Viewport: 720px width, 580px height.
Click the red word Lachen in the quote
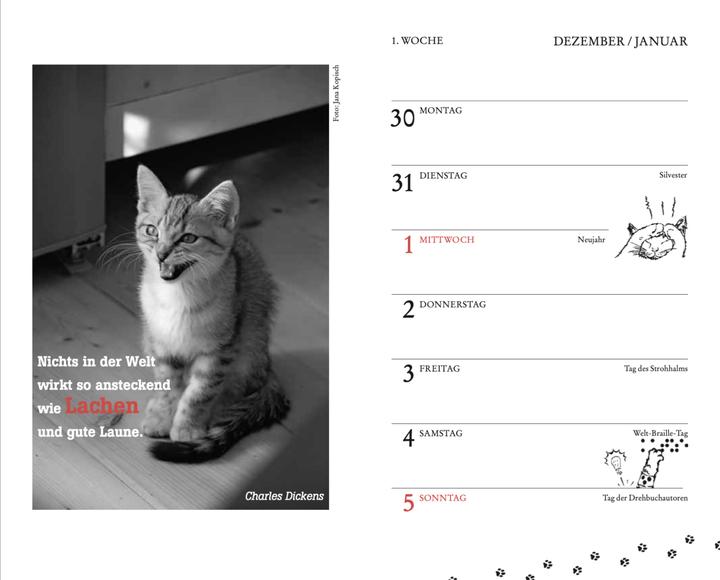click(x=102, y=407)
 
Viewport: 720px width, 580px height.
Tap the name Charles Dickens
click(x=285, y=495)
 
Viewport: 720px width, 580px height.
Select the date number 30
click(x=402, y=118)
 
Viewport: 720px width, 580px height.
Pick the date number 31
click(x=402, y=183)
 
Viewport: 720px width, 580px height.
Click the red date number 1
click(x=408, y=245)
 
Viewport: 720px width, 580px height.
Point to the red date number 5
click(x=408, y=503)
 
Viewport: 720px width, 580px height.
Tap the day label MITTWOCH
click(x=447, y=240)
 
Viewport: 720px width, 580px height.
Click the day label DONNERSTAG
click(x=453, y=304)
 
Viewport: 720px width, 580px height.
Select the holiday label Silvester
click(x=673, y=175)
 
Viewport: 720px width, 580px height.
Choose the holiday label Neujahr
click(x=592, y=240)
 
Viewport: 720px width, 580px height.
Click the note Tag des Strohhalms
click(x=655, y=369)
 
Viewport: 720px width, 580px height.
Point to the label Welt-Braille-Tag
click(x=660, y=433)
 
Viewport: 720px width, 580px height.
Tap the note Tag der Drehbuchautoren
click(x=645, y=498)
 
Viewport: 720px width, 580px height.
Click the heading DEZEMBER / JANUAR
click(x=620, y=41)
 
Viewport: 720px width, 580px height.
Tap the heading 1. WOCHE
click(x=417, y=41)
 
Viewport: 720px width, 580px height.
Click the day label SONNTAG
click(x=443, y=498)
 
